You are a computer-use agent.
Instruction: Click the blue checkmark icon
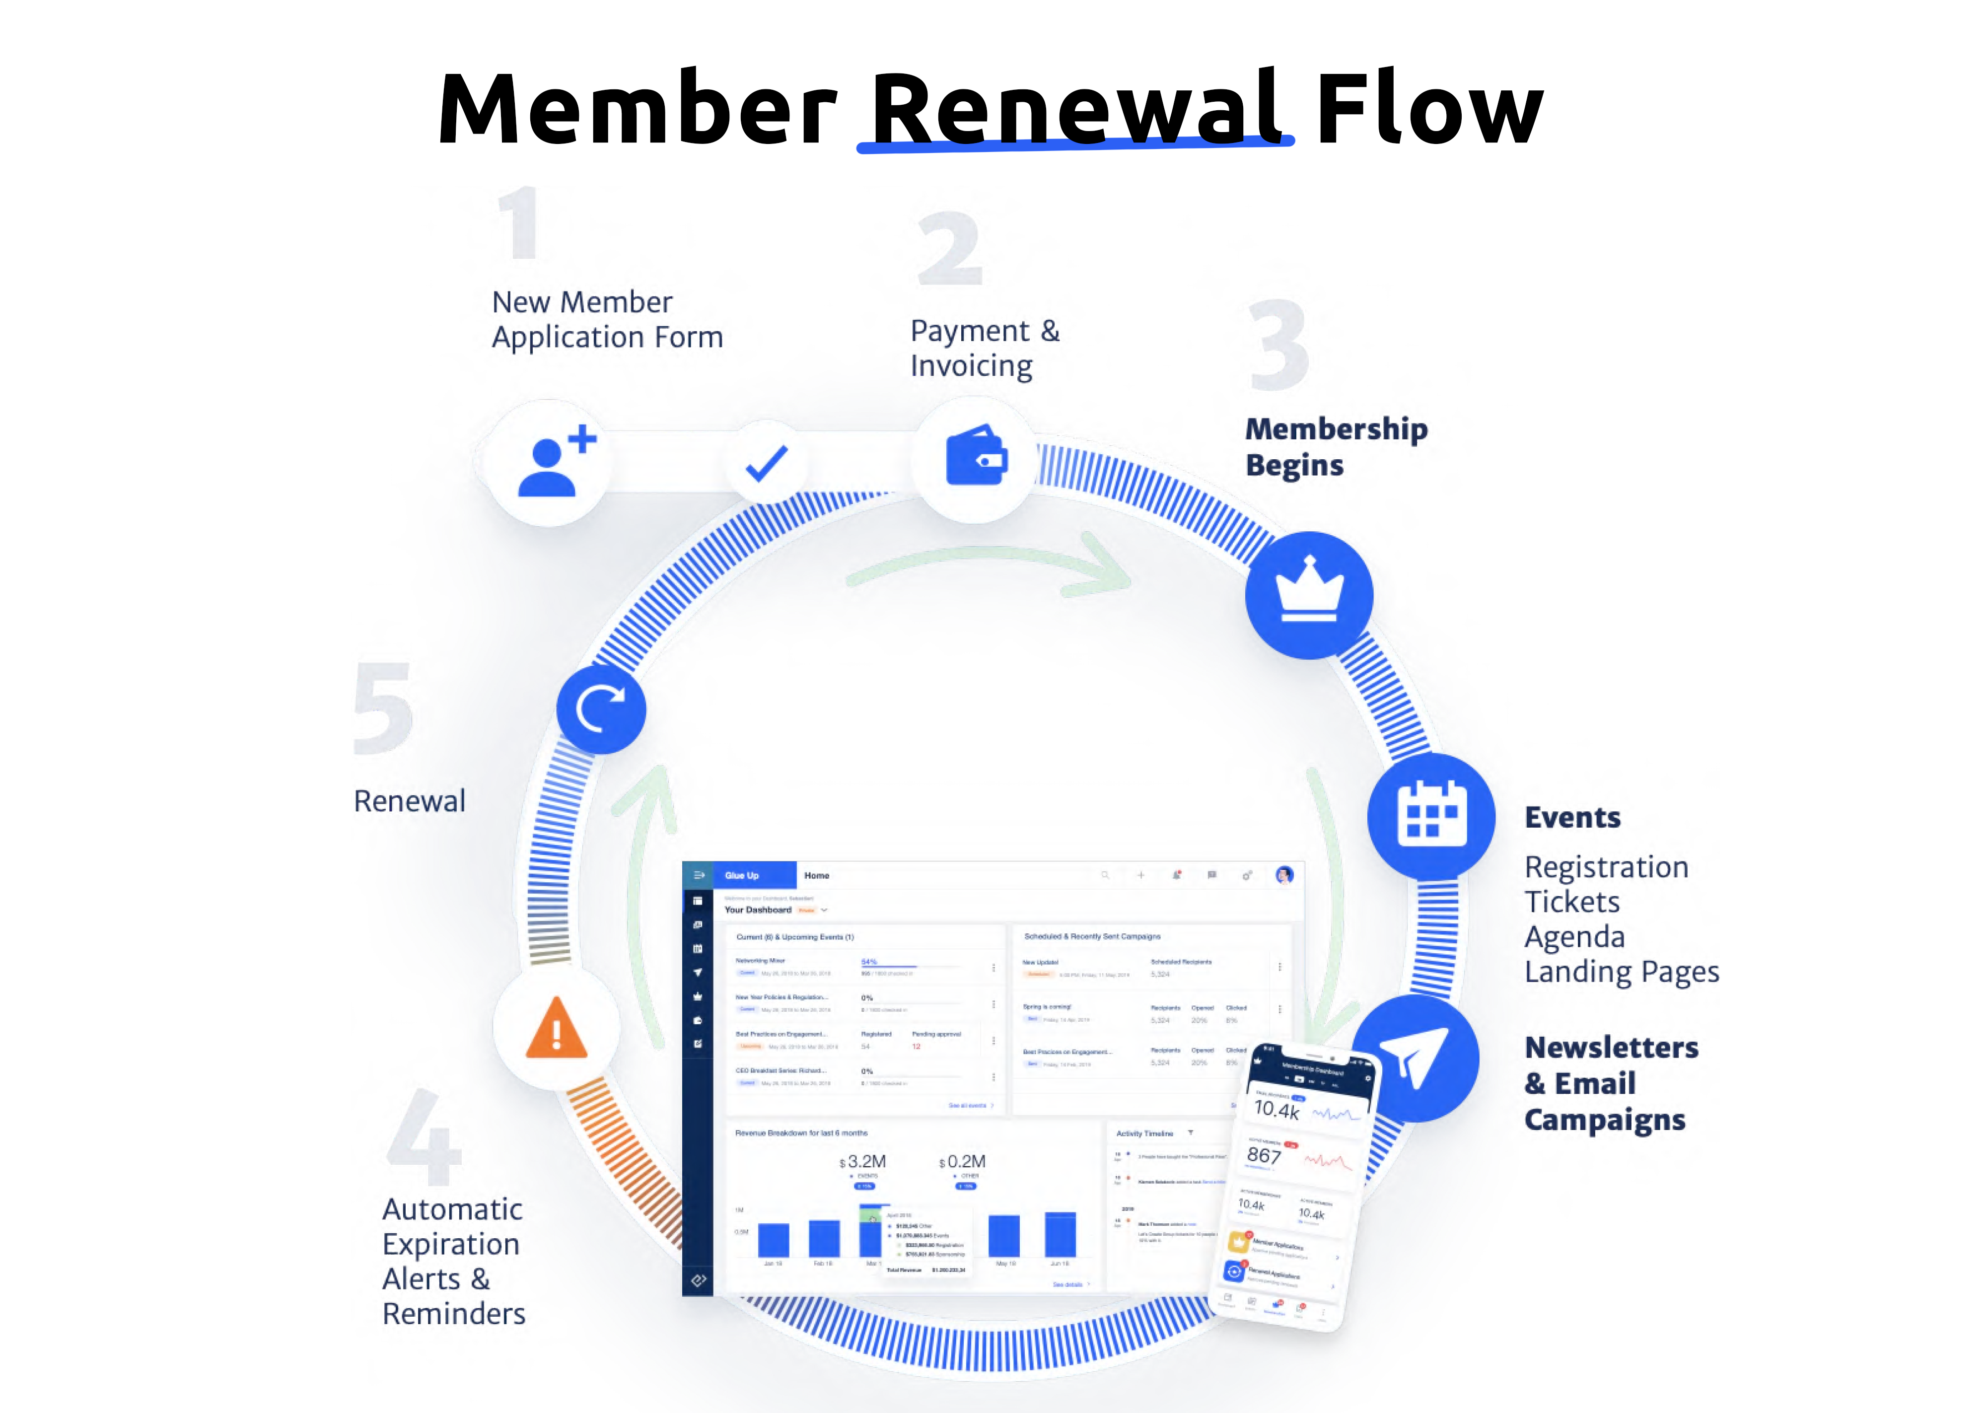pos(767,463)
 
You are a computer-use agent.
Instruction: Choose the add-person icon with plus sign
pos(554,462)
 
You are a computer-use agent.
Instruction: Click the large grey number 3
pos(1279,346)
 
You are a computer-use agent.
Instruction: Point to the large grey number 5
pos(383,708)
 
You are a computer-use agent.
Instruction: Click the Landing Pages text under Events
pos(1622,971)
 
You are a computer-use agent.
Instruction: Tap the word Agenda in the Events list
pos(1574,936)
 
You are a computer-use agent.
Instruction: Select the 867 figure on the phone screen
pos(1264,1155)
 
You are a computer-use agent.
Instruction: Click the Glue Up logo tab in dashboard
pos(742,875)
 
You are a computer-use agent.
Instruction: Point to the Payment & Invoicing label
pos(985,348)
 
